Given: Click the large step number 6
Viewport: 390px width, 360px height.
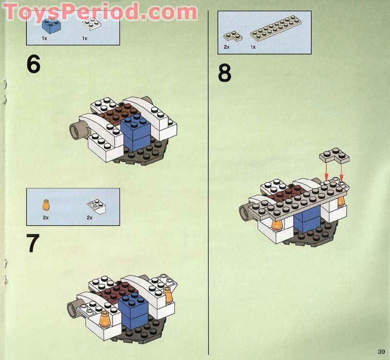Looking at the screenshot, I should pos(33,64).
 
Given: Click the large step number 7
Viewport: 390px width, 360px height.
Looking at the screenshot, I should pos(33,242).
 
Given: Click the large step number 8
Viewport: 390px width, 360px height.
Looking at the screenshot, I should pos(225,74).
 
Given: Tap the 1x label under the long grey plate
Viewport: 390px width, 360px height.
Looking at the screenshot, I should pos(253,47).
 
